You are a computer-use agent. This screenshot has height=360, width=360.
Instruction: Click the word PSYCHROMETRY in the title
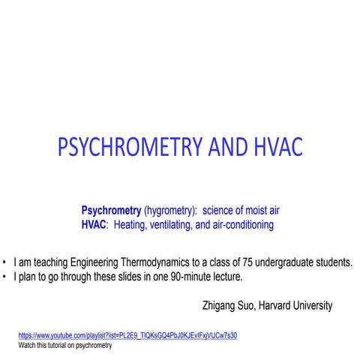pos(128,147)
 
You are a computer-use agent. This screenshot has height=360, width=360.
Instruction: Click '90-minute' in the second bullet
pos(166,277)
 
